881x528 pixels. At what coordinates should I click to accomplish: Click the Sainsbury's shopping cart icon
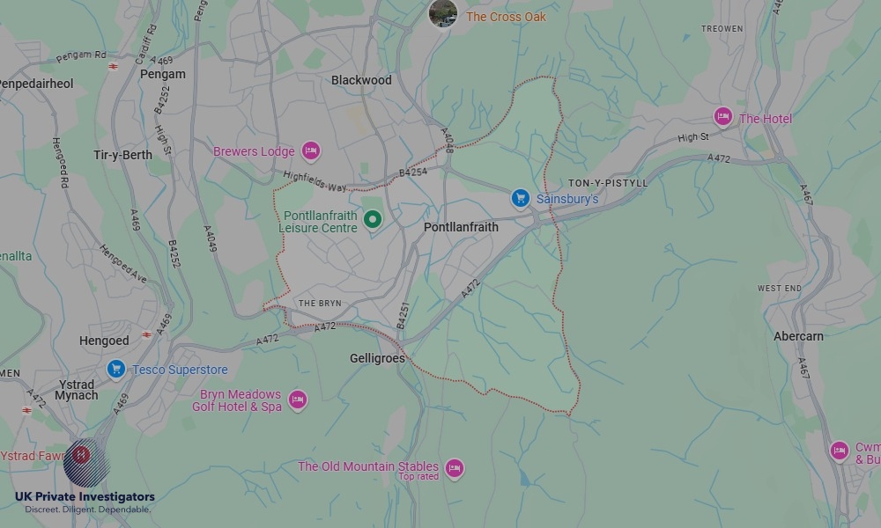point(521,199)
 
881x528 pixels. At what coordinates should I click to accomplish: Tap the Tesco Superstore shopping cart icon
point(115,369)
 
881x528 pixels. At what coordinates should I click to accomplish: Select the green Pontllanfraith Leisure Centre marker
point(373,220)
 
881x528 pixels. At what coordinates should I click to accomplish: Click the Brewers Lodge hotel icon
point(310,151)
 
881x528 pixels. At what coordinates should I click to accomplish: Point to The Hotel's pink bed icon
point(723,118)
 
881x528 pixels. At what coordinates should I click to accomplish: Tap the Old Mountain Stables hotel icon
point(454,468)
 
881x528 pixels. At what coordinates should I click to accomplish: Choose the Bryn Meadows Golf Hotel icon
point(298,400)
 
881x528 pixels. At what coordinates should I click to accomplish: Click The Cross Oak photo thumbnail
point(442,13)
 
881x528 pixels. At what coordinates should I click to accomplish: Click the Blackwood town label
point(361,80)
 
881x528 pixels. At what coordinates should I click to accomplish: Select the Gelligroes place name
point(377,358)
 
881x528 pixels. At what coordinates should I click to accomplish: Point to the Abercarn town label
point(798,336)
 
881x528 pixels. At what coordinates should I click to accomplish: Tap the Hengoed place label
point(104,341)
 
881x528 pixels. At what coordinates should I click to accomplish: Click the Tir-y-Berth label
point(122,155)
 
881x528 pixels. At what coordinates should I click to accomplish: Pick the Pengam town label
point(163,74)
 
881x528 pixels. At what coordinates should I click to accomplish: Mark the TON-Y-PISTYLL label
point(607,183)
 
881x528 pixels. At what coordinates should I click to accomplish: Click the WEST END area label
point(780,289)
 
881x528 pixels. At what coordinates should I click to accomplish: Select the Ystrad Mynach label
point(77,389)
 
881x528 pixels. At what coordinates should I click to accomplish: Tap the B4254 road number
point(412,172)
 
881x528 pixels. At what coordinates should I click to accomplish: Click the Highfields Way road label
point(315,181)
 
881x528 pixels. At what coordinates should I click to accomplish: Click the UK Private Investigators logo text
point(85,497)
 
